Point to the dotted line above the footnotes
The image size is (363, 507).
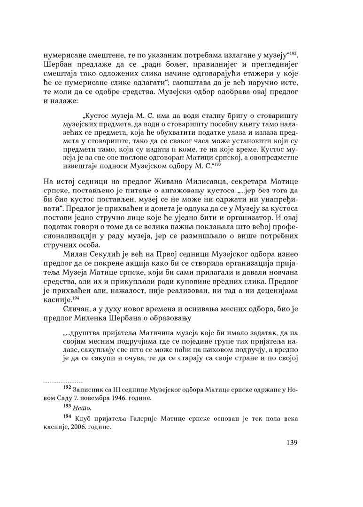point(62,382)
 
